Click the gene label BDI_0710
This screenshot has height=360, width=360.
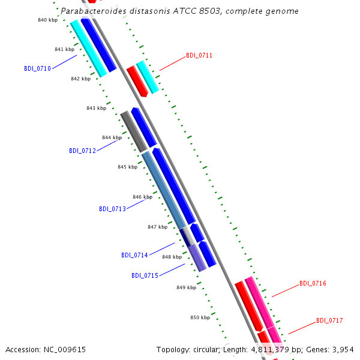(x=37, y=68)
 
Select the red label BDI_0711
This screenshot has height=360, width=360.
(x=199, y=56)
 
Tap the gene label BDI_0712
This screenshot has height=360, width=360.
(x=82, y=151)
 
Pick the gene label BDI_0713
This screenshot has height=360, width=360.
(x=113, y=209)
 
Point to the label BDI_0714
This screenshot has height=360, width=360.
(x=134, y=256)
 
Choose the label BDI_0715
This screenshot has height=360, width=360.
(x=145, y=275)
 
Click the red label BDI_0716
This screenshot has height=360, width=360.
(x=313, y=284)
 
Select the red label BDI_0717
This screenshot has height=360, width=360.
(x=329, y=320)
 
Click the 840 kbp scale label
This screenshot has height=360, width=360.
(x=48, y=20)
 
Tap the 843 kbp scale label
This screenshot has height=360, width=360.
(x=97, y=108)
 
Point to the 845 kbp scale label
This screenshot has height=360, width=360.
(x=128, y=167)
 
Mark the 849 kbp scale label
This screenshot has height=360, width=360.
(x=187, y=287)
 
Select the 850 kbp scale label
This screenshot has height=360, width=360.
(x=200, y=317)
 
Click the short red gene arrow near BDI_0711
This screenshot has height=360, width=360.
(x=137, y=81)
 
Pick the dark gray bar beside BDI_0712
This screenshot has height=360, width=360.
(x=134, y=131)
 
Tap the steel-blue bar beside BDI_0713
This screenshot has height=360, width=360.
(x=164, y=190)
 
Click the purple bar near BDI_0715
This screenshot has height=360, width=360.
(x=197, y=258)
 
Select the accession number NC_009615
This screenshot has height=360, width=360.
(x=65, y=350)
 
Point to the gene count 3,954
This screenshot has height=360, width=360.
(x=343, y=350)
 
